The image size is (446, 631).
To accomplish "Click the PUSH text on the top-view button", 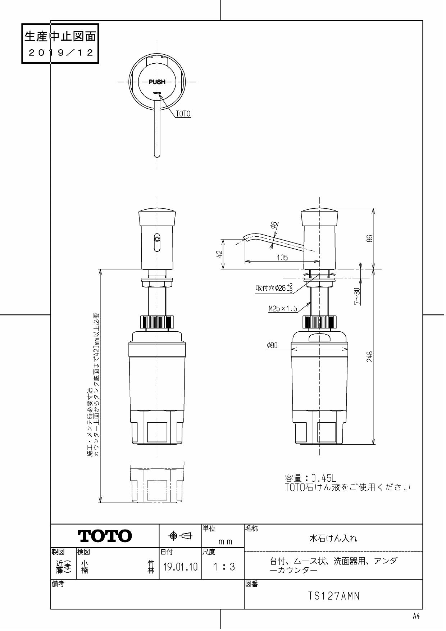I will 157,82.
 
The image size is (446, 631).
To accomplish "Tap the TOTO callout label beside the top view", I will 183,114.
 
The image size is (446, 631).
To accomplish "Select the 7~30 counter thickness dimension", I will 356,296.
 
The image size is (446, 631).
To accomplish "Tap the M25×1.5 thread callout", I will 283,309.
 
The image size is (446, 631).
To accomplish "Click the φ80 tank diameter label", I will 272,346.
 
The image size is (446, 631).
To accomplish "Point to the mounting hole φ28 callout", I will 274,288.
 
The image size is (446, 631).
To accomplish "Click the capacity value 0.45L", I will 323,478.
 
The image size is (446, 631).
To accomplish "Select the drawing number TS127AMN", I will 333,596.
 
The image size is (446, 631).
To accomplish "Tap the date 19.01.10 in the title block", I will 180,567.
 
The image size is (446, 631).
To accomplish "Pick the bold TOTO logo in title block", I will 105,536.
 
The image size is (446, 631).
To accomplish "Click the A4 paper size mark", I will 416,616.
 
